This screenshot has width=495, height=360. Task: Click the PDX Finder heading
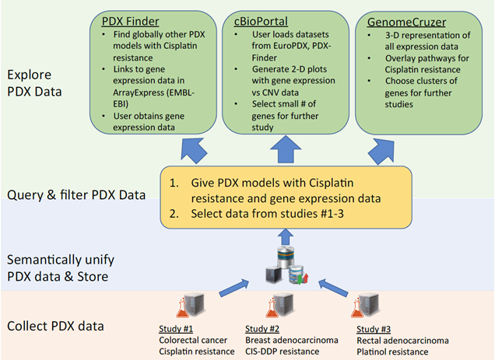click(130, 22)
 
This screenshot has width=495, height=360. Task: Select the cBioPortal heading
click(261, 22)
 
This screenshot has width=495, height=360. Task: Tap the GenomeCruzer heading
click(406, 23)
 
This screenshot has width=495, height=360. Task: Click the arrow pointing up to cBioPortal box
click(286, 149)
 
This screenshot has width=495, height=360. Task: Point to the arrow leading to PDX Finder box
click(193, 150)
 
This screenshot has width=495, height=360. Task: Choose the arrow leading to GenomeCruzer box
click(382, 152)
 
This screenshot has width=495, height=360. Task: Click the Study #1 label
click(176, 329)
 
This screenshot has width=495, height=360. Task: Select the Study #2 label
click(262, 329)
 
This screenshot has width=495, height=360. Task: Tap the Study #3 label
click(374, 329)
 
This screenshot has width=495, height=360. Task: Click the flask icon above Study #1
click(182, 308)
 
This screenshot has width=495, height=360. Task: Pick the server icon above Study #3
click(368, 304)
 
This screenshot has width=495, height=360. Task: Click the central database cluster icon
click(286, 265)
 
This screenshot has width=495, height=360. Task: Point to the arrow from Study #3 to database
click(333, 287)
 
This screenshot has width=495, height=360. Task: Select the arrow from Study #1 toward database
click(234, 288)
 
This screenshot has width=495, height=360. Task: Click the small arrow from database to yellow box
click(286, 236)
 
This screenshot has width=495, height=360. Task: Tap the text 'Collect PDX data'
click(55, 326)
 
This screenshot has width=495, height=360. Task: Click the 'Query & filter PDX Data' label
click(76, 194)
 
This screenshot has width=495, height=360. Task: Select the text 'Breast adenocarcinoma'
click(292, 340)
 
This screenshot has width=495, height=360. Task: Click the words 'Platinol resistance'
click(392, 351)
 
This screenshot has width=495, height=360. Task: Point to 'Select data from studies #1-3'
click(267, 214)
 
